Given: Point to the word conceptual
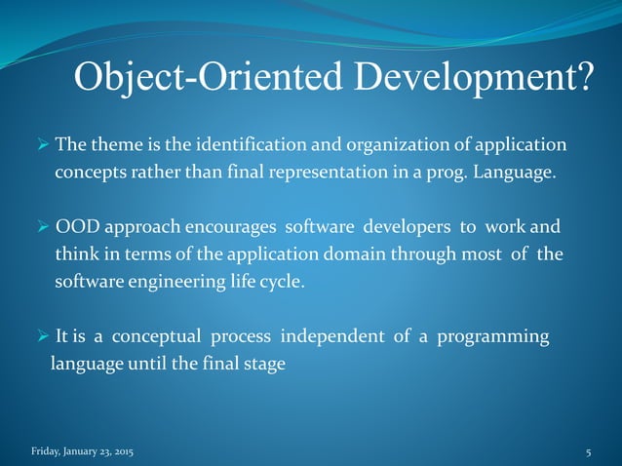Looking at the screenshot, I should click(x=157, y=337).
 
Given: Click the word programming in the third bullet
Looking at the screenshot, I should click(x=495, y=337).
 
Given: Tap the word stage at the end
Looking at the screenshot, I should click(x=267, y=366).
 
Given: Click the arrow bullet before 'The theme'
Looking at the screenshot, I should click(x=40, y=146).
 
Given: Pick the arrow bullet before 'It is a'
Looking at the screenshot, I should click(x=40, y=338).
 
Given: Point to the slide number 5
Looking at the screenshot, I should click(x=589, y=452).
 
